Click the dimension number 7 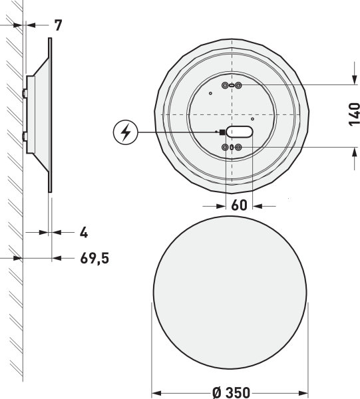click(58, 26)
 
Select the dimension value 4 click(84, 233)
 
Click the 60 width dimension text click(240, 205)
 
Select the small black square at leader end click(222, 132)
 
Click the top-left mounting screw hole click(224, 85)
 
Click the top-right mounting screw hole click(238, 85)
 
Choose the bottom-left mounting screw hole click(225, 147)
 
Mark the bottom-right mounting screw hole click(238, 147)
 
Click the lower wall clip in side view click(25, 137)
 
